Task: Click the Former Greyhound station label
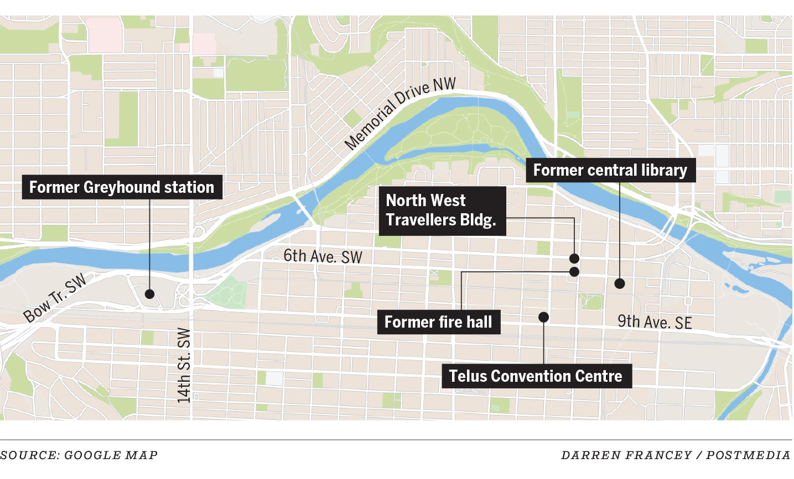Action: tap(122, 187)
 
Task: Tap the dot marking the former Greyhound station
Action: tap(149, 294)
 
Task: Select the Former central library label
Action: tap(610, 170)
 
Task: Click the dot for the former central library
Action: tap(620, 283)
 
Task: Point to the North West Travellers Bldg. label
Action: tap(442, 210)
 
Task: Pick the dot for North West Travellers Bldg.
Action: tap(574, 259)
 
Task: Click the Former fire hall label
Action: tap(438, 322)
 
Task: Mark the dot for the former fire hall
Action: tap(574, 272)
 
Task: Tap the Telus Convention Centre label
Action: tap(536, 376)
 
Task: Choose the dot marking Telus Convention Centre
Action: tap(544, 317)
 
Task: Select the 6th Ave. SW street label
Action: tap(323, 256)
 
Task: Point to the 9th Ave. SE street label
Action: tap(655, 322)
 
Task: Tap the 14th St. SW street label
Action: tap(184, 365)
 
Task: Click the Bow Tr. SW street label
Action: tap(55, 298)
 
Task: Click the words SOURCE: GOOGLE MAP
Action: tap(79, 455)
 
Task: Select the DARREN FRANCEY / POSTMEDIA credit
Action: tap(676, 455)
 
